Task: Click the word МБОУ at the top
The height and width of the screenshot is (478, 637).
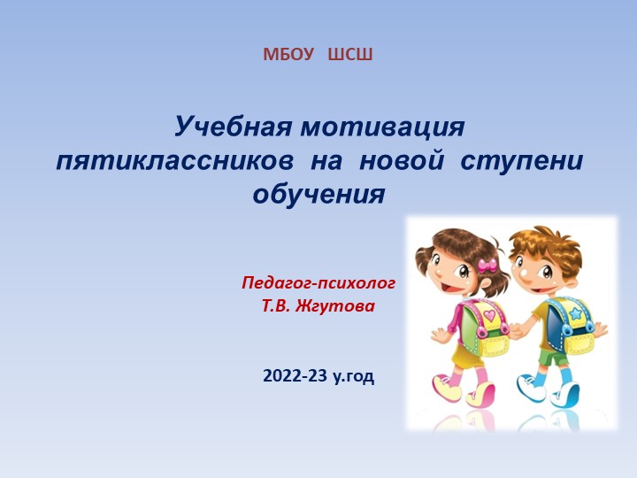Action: (x=288, y=55)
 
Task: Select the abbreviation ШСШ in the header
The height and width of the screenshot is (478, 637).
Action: (x=350, y=55)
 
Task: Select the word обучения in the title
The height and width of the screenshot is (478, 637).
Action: (x=319, y=194)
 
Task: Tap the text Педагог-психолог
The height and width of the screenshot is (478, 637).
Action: (x=318, y=283)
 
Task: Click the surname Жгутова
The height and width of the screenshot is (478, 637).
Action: (x=342, y=306)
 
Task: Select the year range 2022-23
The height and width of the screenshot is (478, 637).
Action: (x=295, y=376)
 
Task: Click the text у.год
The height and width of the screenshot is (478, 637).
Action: (x=354, y=377)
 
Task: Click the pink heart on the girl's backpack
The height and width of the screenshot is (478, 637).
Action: (x=488, y=313)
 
